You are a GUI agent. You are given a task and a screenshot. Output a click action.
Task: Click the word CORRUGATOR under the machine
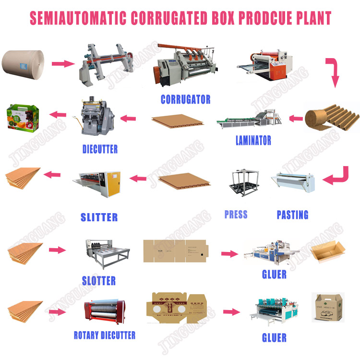[x=185, y=99]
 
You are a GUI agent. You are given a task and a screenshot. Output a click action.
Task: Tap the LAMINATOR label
[x=253, y=141]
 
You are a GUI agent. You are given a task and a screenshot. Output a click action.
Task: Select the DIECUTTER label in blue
[x=99, y=149]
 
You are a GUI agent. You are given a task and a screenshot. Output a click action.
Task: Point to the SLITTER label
[x=99, y=217]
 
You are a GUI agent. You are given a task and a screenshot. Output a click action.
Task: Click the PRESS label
[x=236, y=214]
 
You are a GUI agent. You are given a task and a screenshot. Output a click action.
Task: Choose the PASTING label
[x=292, y=215]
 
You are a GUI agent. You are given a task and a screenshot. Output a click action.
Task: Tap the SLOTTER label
[x=98, y=280]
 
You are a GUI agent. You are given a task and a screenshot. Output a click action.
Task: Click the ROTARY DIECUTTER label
[x=104, y=335]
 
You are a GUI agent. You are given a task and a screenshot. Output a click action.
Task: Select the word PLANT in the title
[x=306, y=18]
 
